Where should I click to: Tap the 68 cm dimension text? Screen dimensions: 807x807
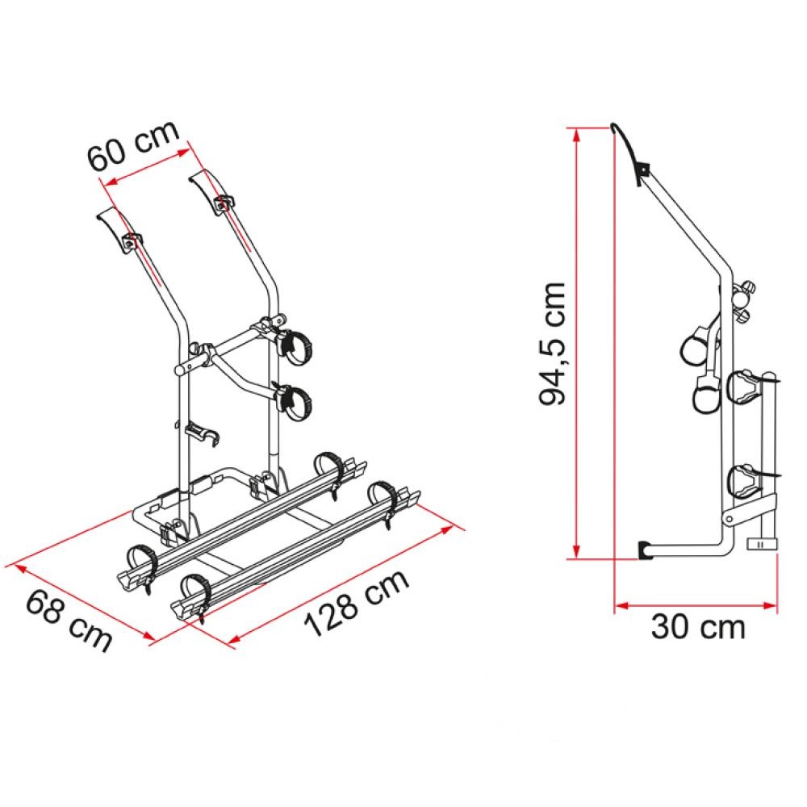69,619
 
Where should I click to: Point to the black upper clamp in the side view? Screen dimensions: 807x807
643,170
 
